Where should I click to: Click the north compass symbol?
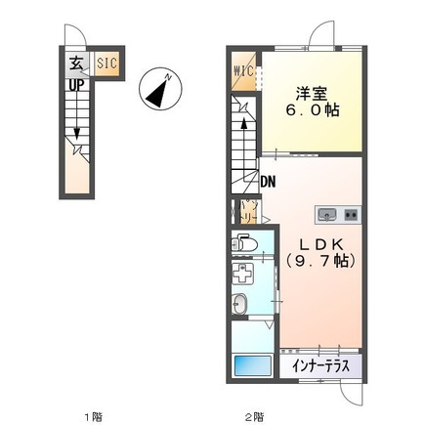click(159, 89)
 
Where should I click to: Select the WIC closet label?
click(244, 70)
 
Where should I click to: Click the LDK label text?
click(319, 244)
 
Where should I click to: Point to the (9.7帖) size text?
click(319, 262)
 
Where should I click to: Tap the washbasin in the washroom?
click(241, 303)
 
